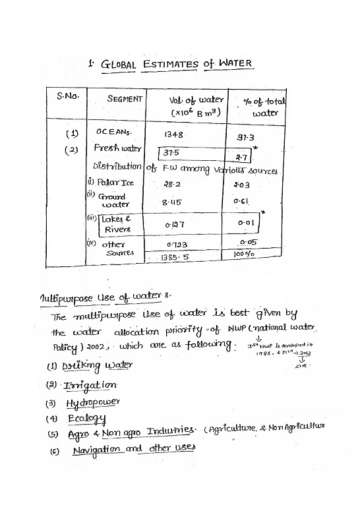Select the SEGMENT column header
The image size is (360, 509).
click(x=125, y=99)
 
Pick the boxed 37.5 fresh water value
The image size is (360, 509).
click(x=172, y=153)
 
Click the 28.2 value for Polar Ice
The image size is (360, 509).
click(x=173, y=185)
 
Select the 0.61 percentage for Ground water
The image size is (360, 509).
click(x=241, y=201)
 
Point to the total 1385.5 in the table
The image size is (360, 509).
click(x=175, y=258)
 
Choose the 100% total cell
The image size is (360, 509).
click(x=244, y=253)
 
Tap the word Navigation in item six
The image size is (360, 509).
click(x=96, y=448)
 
